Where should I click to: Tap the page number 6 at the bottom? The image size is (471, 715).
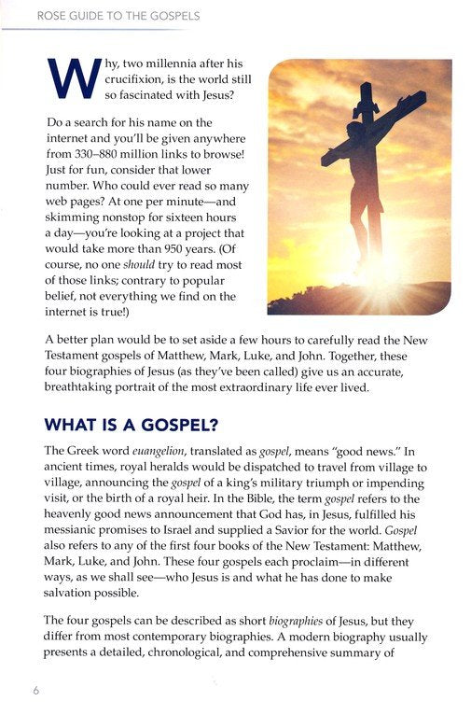coord(35,690)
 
